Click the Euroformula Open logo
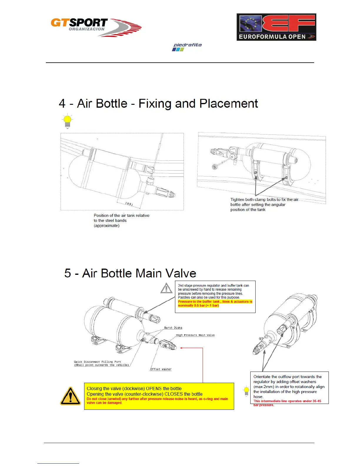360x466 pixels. pyautogui.click(x=276, y=27)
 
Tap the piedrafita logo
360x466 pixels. pyautogui.click(x=187, y=47)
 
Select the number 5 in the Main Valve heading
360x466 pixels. pyautogui.click(x=68, y=273)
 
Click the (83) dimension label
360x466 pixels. pyautogui.click(x=129, y=204)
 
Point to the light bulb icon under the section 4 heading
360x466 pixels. pyautogui.click(x=67, y=121)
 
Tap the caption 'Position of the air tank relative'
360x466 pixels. pyautogui.click(x=121, y=215)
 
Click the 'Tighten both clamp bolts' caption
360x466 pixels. pyautogui.click(x=264, y=199)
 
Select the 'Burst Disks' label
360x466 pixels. pyautogui.click(x=173, y=328)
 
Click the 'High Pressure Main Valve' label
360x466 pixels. pyautogui.click(x=195, y=335)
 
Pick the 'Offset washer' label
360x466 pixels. pyautogui.click(x=161, y=369)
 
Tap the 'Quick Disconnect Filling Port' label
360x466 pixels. pyautogui.click(x=97, y=362)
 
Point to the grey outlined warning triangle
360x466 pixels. pyautogui.click(x=166, y=288)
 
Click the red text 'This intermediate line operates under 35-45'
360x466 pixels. pyautogui.click(x=287, y=401)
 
